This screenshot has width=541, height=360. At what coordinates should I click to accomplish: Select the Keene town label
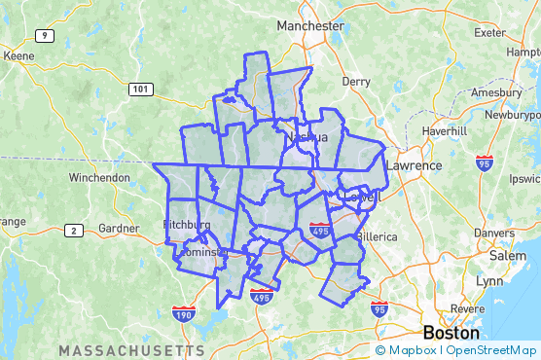coord(18,56)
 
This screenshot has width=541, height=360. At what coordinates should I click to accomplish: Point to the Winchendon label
coord(99,178)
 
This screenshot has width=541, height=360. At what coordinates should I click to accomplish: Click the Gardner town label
coord(120,229)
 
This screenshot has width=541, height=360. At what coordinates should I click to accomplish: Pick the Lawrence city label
coord(415,165)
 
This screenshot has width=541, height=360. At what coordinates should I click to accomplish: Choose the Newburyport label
coord(506,113)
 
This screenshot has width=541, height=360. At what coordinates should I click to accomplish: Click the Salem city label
coord(507,255)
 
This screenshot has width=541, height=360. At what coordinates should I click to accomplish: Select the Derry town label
coord(356,82)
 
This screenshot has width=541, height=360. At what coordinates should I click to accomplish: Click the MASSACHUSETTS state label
coord(131,349)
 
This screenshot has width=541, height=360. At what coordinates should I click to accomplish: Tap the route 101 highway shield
coord(141,89)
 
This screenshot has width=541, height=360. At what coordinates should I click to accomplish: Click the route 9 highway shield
coord(44,36)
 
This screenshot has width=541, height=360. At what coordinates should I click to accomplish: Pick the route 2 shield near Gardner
coord(73,230)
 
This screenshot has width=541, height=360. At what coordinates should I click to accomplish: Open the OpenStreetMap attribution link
coord(491,350)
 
